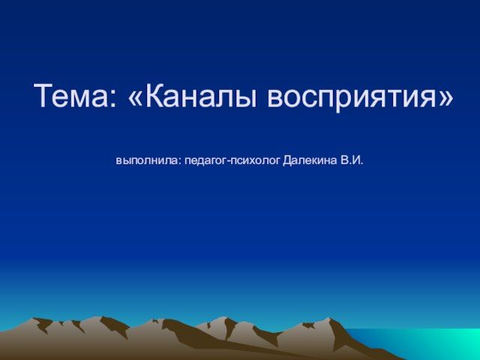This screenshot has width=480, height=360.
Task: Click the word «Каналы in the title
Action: [193, 95]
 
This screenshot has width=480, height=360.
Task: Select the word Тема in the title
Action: [71, 95]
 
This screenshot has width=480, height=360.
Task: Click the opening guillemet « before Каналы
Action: [135, 98]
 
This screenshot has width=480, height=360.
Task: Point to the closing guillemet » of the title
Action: [445, 98]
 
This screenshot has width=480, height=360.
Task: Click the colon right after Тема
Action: [113, 98]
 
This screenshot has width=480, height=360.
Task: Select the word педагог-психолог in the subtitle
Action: [232, 160]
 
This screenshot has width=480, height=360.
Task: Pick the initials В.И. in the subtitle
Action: [352, 160]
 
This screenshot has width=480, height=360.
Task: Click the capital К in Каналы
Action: [154, 95]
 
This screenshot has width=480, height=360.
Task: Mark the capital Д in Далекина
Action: [288, 160]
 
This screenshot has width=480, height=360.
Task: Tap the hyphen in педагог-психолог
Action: [228, 161]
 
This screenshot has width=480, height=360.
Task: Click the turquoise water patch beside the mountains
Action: [428, 343]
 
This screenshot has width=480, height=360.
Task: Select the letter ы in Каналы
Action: [245, 98]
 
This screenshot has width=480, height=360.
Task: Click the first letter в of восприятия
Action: [275, 98]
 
